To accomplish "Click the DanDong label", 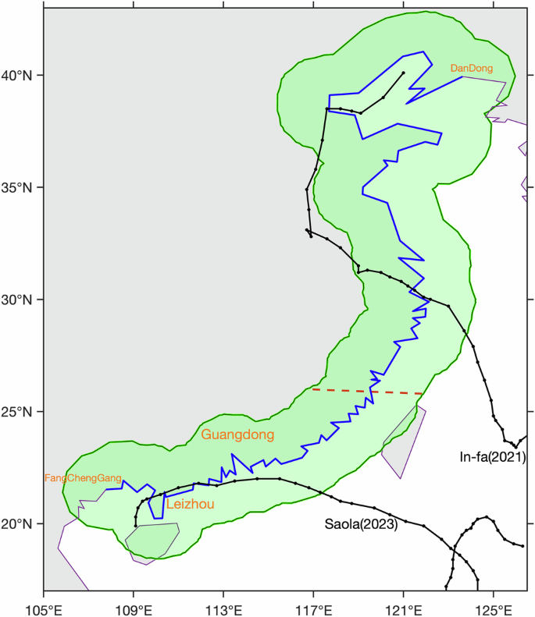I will click(x=472, y=69).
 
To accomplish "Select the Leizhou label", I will click(x=190, y=505).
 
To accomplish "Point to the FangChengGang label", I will click(x=83, y=477).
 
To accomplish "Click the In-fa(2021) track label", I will click(x=492, y=457).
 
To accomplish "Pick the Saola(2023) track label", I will click(x=361, y=524).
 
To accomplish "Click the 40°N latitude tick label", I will click(x=21, y=76).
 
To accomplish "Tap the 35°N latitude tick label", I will click(x=21, y=187).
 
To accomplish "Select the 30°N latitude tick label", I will click(x=21, y=300).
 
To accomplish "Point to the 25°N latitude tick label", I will click(x=21, y=411).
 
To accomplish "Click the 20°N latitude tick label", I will click(x=21, y=523).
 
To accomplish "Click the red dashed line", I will click(x=367, y=391).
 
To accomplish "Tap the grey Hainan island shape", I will click(x=152, y=540).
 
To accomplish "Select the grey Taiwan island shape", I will click(x=405, y=441).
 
